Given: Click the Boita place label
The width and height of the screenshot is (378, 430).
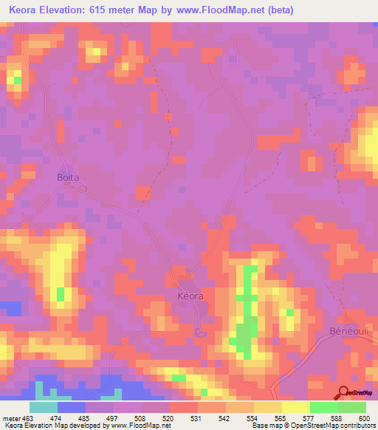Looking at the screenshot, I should [x=69, y=177].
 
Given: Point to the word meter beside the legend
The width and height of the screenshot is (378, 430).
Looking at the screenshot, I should [x=10, y=417].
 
